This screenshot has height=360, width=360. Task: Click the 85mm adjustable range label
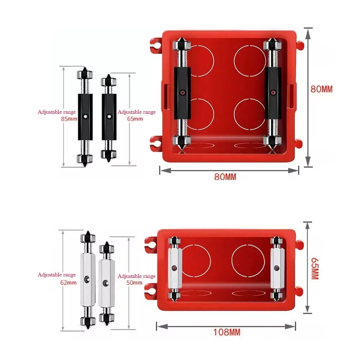pos(57,115)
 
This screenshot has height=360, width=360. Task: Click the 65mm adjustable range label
pos(136,115)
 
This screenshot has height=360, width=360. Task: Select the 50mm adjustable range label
pos(136,279)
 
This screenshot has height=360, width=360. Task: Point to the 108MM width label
pos(227,332)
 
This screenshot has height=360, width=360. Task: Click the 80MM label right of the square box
pos(321,89)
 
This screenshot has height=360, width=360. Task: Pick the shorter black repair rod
pos(108,117)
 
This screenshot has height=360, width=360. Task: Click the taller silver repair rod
pos(87,279)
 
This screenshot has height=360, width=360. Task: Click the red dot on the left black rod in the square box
pos(183,93)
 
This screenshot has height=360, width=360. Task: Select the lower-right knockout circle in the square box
pos(249,114)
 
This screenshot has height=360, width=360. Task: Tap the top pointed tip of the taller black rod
pos(85,69)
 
